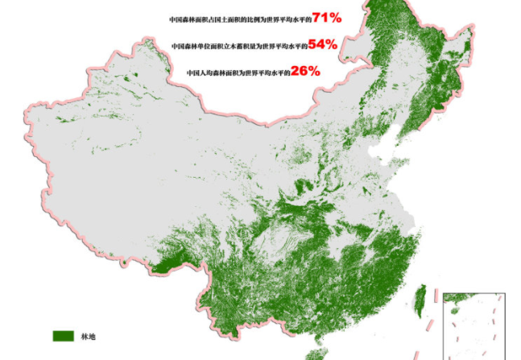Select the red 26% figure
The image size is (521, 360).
click(x=305, y=71)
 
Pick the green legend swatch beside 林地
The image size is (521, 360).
click(x=64, y=335)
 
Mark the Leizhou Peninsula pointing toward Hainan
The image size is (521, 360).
click(x=318, y=340)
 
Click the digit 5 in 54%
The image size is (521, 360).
click(x=312, y=45)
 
